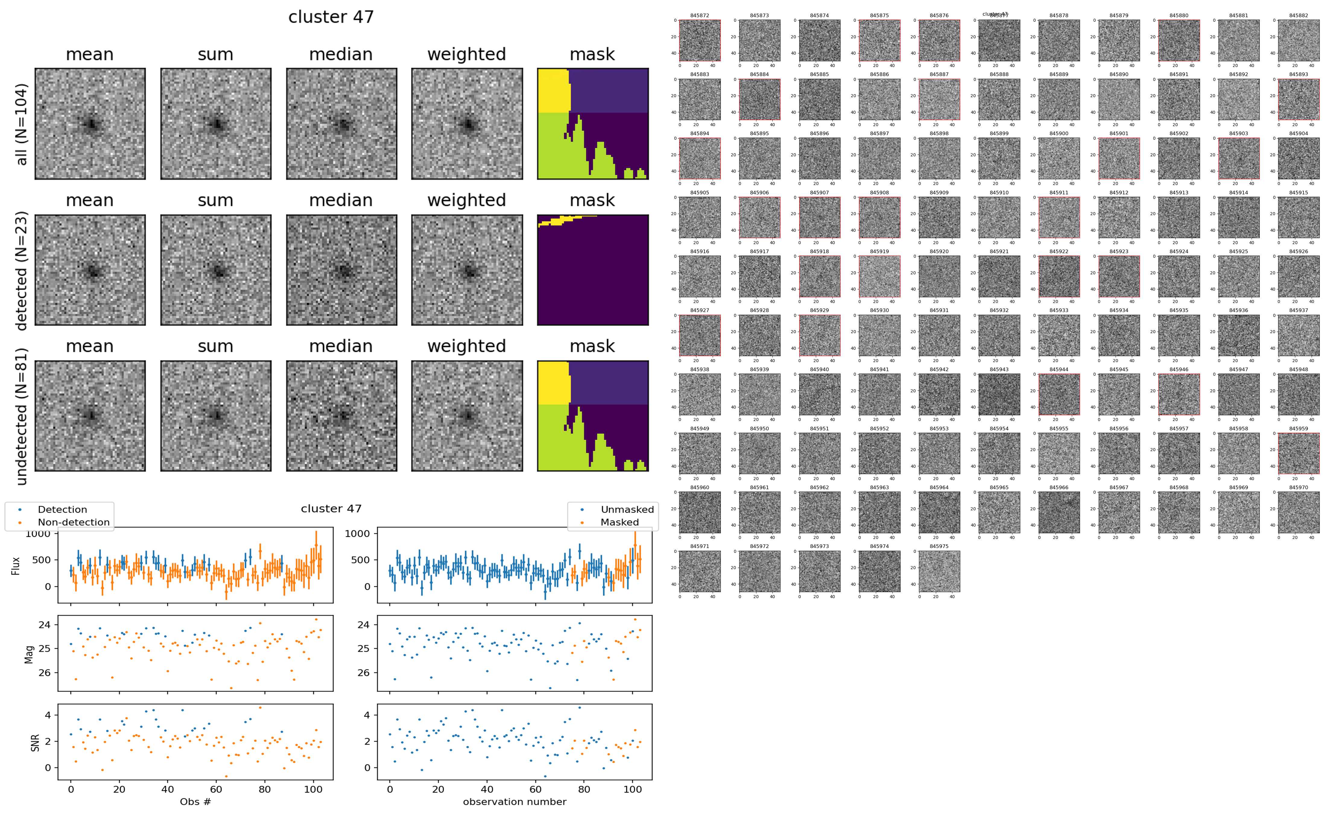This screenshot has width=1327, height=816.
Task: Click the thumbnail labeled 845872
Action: (x=699, y=40)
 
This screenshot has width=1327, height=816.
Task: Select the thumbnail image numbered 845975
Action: (x=939, y=571)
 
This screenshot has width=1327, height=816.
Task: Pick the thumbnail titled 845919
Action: (x=879, y=276)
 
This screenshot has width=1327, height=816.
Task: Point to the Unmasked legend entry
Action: (x=627, y=509)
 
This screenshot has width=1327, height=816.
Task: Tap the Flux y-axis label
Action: (x=16, y=565)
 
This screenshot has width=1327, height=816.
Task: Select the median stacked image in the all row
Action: (x=341, y=124)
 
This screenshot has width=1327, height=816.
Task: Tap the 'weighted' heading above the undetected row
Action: (x=467, y=346)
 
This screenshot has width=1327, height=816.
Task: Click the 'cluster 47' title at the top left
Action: (x=331, y=17)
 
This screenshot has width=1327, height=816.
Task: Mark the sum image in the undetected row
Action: (x=216, y=416)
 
